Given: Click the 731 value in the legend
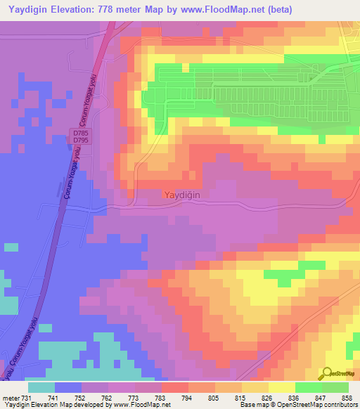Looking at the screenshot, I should click(27, 398).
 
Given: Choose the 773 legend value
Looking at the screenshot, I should click(134, 398).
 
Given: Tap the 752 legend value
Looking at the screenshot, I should click(81, 398).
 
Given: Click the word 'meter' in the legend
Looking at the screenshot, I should click(10, 398).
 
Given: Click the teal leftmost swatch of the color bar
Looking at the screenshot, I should click(41, 387).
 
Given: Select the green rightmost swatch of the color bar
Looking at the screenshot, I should click(335, 387).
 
